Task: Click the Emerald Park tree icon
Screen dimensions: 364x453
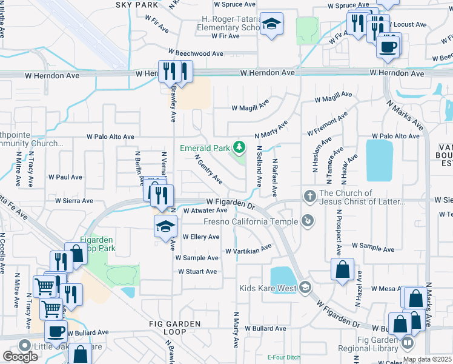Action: coord(240,147)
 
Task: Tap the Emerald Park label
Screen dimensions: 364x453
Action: coord(205,148)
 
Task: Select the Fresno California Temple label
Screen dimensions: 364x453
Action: coord(253,221)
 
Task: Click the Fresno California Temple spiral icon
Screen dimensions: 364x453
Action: coord(309,221)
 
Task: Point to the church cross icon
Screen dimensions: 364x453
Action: coord(309,195)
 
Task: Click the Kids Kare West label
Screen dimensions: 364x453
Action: coord(267,288)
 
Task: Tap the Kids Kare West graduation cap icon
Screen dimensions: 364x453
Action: coord(305,288)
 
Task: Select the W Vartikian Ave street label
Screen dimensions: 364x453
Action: coord(248,250)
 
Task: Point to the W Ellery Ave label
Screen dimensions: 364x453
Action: coord(200,237)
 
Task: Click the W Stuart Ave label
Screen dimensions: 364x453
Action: coord(198,272)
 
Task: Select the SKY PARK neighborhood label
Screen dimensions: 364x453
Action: coord(136,5)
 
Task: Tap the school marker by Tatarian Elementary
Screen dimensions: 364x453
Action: coord(271,25)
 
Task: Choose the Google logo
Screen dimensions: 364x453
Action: coord(20,356)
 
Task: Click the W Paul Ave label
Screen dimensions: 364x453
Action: coord(65,177)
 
